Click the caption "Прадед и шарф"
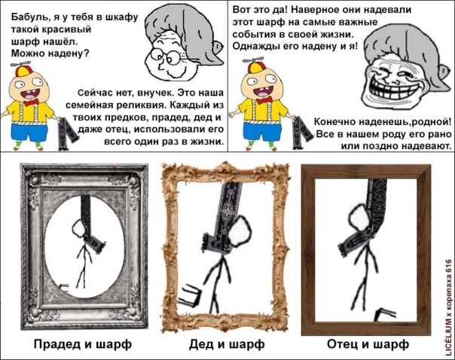click(x=83, y=344)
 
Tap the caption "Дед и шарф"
click(x=227, y=344)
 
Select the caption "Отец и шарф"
click(x=368, y=344)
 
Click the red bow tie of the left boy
click(x=31, y=102)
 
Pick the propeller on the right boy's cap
click(x=253, y=59)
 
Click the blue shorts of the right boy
click(x=262, y=131)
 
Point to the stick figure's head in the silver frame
click(x=80, y=228)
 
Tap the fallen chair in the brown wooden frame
click(x=385, y=314)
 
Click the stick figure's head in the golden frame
click(x=240, y=233)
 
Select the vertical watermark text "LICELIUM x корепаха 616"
click(x=449, y=307)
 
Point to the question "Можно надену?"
click(x=50, y=53)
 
